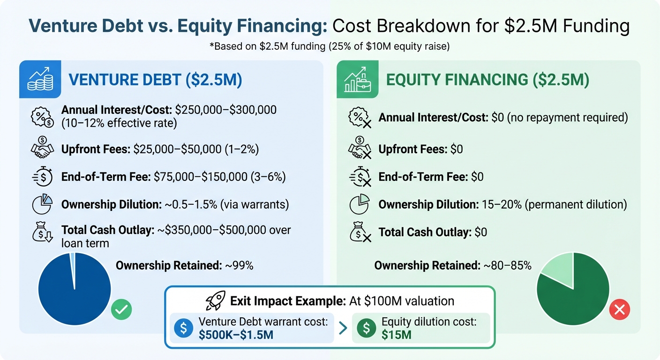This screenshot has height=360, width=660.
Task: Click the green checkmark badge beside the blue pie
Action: coord(121,309)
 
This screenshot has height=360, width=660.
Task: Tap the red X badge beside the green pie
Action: coord(619,309)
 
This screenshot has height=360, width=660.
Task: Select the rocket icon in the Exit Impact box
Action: coord(216,300)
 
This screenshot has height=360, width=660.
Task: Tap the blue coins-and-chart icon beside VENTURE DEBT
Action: coord(40,79)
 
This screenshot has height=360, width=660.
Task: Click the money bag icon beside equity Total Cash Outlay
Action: coord(360,232)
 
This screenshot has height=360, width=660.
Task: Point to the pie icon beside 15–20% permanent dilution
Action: coord(360,205)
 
